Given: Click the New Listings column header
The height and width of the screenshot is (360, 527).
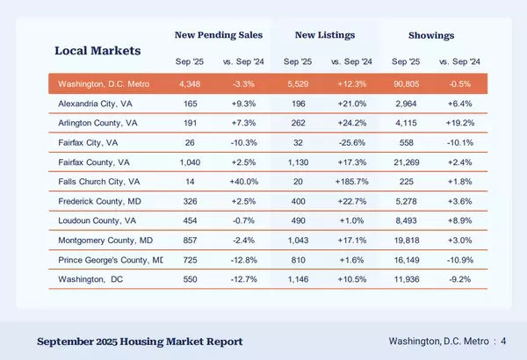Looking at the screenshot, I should tap(325, 35).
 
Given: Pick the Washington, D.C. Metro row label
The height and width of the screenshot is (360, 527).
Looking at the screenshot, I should tap(105, 85).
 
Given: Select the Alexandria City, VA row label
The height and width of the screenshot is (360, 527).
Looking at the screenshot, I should tap(97, 104).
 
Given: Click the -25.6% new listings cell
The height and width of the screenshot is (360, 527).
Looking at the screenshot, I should tap(350, 143).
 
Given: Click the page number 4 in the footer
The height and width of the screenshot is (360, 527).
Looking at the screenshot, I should tap(504, 341).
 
